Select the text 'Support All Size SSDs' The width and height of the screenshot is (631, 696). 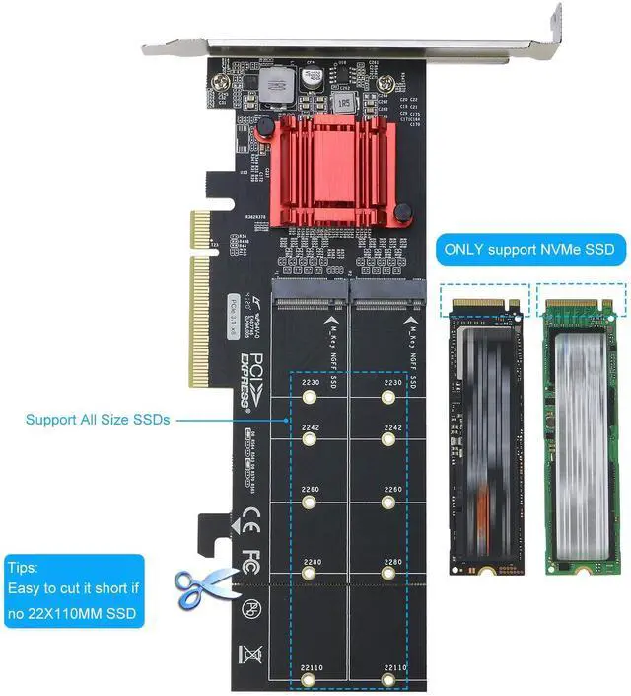click(x=98, y=420)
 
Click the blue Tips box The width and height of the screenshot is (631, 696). click(x=74, y=591)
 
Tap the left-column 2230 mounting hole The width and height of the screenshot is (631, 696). click(x=311, y=398)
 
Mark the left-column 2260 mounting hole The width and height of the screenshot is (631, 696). click(x=311, y=503)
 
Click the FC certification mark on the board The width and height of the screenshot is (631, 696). click(x=250, y=558)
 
